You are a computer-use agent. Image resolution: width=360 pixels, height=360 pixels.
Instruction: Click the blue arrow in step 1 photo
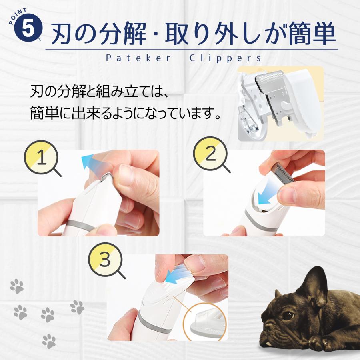88,162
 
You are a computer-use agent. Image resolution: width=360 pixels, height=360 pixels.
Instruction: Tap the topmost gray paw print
17,286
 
